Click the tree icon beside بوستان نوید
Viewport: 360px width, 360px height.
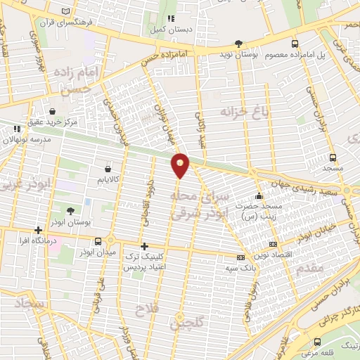pyautogui.click(x=238, y=43)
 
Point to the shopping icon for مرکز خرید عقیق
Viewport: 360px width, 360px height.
pyautogui.click(x=53, y=111)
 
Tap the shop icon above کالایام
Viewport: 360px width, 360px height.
pyautogui.click(x=107, y=169)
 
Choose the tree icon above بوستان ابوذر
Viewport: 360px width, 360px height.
pyautogui.click(x=70, y=210)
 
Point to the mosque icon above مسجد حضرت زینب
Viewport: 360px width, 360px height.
pyautogui.click(x=259, y=196)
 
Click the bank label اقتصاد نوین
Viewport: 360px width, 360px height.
pyautogui.click(x=276, y=255)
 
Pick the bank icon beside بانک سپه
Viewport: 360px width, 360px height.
pyautogui.click(x=241, y=257)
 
